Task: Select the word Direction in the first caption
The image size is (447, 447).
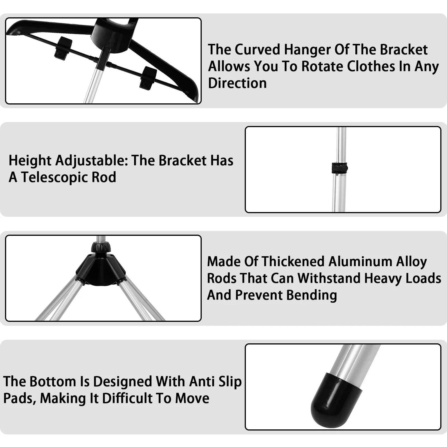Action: tap(237, 83)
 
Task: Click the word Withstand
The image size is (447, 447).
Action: tap(329, 278)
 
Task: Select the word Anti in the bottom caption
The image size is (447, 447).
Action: tap(201, 381)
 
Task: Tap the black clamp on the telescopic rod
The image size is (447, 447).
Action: tap(339, 168)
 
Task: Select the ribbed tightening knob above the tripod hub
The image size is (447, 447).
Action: tap(101, 247)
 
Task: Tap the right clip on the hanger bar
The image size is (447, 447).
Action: tap(148, 78)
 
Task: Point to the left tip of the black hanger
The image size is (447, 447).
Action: tap(13, 30)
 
